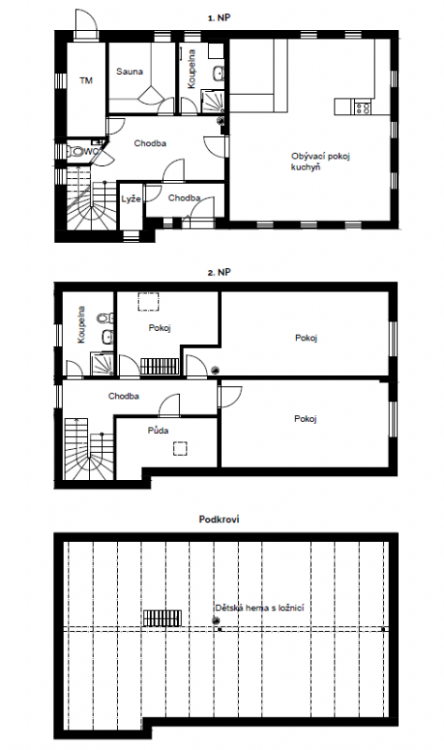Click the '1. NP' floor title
pyautogui.click(x=220, y=18)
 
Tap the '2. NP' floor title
pyautogui.click(x=219, y=272)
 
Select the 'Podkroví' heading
pyautogui.click(x=219, y=519)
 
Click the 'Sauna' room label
pyautogui.click(x=129, y=72)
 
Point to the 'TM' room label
pyautogui.click(x=86, y=81)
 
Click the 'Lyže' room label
pyautogui.click(x=131, y=199)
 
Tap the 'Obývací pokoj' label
pyautogui.click(x=320, y=157)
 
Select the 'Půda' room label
pyautogui.click(x=157, y=430)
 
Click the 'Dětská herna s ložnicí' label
pyautogui.click(x=259, y=607)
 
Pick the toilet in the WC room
pyautogui.click(x=76, y=152)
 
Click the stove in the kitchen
pyautogui.click(x=363, y=107)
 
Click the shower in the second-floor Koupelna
pyautogui.click(x=102, y=364)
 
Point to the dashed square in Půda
pyautogui.click(x=180, y=448)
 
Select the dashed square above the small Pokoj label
pyautogui.click(x=149, y=302)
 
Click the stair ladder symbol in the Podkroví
pyautogui.click(x=162, y=618)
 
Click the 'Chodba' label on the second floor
pyautogui.click(x=124, y=396)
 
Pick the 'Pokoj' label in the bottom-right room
pyautogui.click(x=305, y=419)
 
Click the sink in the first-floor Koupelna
pyautogui.click(x=218, y=73)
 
